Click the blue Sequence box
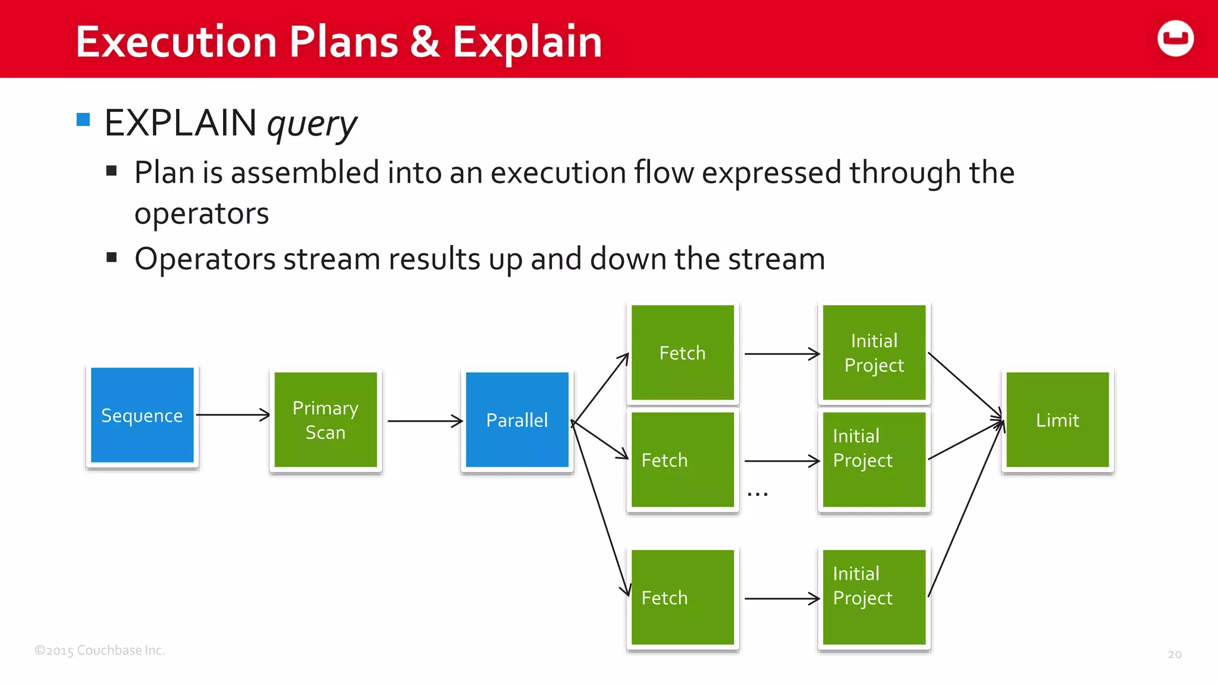pos(142,415)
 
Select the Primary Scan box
pos(325,420)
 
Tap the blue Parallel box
pos(517,420)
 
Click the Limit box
pos(1057,420)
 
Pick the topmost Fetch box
pos(682,353)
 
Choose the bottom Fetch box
pos(682,597)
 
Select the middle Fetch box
pos(682,460)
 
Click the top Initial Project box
pos(874,353)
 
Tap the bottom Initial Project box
pos(874,597)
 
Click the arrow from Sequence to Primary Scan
pos(233,415)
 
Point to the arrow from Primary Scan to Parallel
pos(425,421)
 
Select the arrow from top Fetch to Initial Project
pos(781,354)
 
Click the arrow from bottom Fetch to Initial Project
pos(781,599)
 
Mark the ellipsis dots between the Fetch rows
pos(758,494)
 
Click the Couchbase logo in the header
pos(1175,39)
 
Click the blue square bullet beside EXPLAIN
pos(83,120)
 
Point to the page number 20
pos(1175,654)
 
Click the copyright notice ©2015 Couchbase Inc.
pos(99,650)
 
